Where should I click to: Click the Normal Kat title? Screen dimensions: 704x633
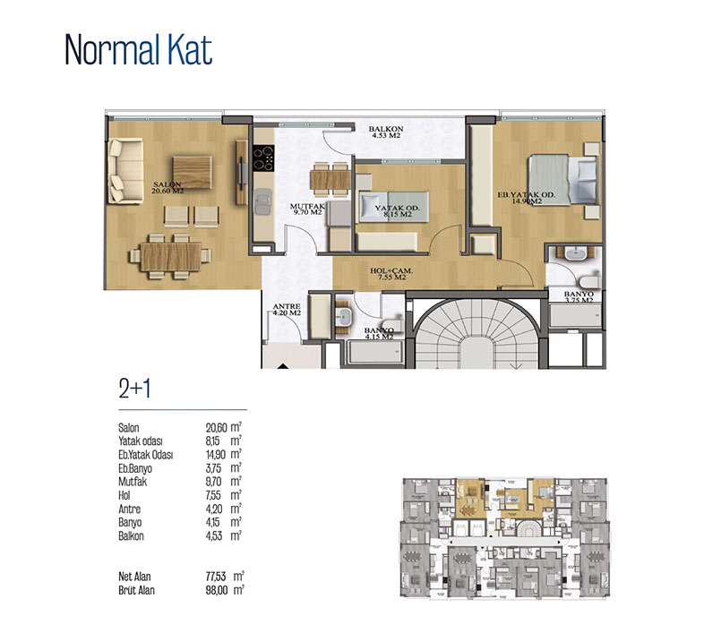click(138, 50)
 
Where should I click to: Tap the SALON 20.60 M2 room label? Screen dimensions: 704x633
click(167, 188)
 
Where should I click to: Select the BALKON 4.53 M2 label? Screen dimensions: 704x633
click(386, 132)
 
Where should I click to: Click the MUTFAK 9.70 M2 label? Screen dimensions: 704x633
click(307, 210)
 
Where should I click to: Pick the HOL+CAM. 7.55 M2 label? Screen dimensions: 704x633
click(391, 274)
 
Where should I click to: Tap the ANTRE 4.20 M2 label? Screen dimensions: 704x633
click(287, 310)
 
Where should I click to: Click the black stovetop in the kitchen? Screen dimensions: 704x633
click(263, 158)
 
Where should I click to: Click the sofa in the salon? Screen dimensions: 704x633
click(125, 171)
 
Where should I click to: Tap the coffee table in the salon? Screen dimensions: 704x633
click(192, 173)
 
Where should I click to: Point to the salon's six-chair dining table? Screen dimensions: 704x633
click(170, 256)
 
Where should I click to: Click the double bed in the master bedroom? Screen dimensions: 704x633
click(564, 180)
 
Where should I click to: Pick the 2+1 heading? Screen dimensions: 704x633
click(134, 389)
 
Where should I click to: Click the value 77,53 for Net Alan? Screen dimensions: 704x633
click(216, 577)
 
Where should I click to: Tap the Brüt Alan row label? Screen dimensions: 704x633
click(136, 590)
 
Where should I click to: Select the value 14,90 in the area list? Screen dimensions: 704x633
click(216, 455)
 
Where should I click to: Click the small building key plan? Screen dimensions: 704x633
click(504, 538)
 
